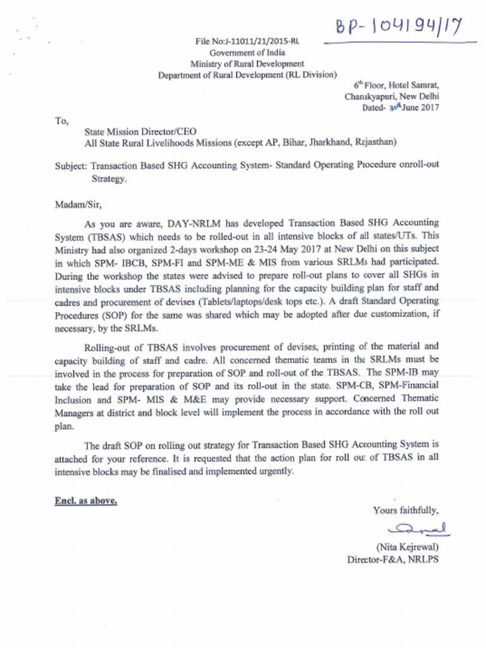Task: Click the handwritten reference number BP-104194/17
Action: [398, 27]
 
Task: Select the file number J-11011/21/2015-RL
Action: [247, 42]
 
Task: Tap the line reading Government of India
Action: [247, 53]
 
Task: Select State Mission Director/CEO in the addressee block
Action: [140, 132]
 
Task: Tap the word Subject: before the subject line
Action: [72, 165]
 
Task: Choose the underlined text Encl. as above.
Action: [85, 501]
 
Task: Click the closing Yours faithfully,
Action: [406, 511]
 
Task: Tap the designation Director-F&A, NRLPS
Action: [392, 559]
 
